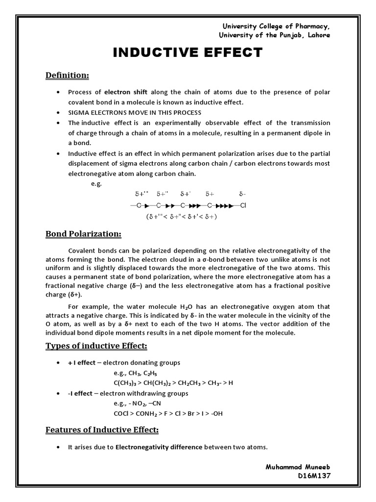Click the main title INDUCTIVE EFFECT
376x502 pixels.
click(188, 53)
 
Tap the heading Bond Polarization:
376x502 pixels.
click(83, 233)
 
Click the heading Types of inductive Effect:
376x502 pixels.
click(96, 346)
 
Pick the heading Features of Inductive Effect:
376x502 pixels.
click(102, 430)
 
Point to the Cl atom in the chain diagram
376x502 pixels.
click(243, 205)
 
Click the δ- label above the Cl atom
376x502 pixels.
click(243, 194)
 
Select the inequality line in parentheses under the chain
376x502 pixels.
click(182, 216)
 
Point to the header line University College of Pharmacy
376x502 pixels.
click(276, 26)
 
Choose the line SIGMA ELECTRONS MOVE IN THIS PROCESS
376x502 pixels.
click(135, 112)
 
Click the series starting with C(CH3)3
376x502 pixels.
click(173, 383)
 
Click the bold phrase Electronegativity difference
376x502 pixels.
click(159, 447)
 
